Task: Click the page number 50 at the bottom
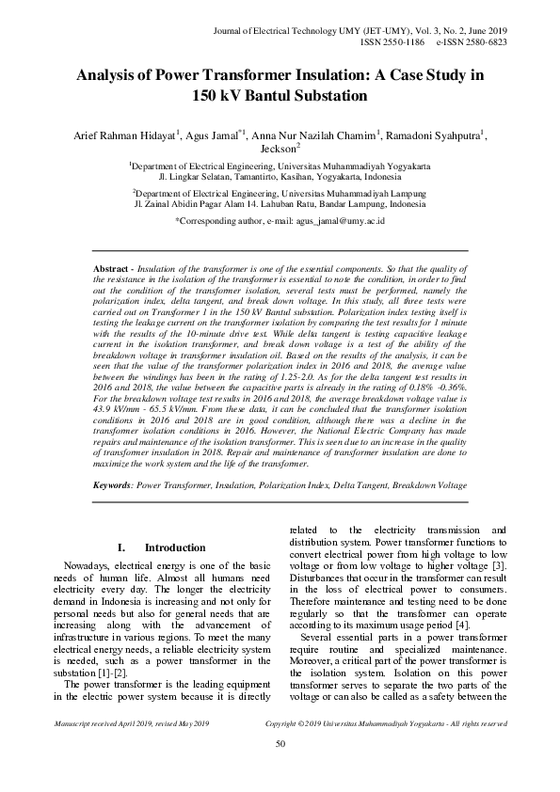(280, 745)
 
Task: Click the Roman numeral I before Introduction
(120, 547)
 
